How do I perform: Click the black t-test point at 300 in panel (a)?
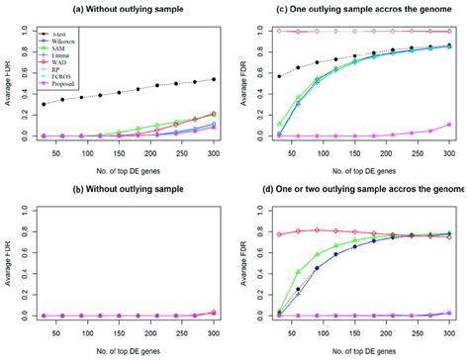tap(215, 79)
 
